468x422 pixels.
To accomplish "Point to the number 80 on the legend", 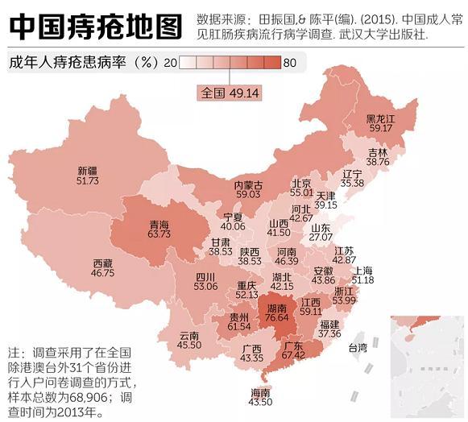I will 290,63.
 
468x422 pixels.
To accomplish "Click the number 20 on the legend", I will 170,63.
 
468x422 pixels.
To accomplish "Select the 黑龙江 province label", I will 381,118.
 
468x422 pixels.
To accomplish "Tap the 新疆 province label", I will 87,171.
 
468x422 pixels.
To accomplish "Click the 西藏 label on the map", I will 102,263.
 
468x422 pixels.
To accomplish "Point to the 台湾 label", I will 357,348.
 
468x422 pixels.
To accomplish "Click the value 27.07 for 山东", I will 321,238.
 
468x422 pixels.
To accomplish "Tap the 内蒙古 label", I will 248,184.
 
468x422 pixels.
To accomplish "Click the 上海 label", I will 363,270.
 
